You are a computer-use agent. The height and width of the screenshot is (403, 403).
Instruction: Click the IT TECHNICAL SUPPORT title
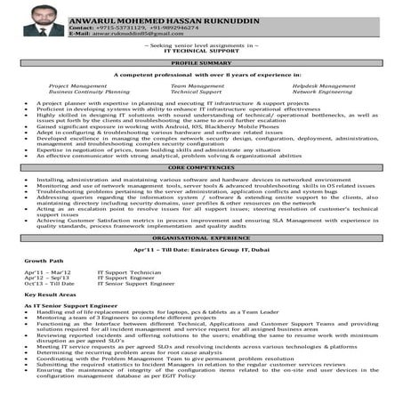point(204,52)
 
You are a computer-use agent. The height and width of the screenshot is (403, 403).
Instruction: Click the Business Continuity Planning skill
point(89,92)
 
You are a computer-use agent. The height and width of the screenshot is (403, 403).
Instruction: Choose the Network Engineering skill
point(322,92)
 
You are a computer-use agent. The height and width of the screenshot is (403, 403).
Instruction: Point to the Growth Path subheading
point(44,261)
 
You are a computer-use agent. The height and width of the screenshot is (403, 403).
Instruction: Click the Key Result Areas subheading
point(52,294)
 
